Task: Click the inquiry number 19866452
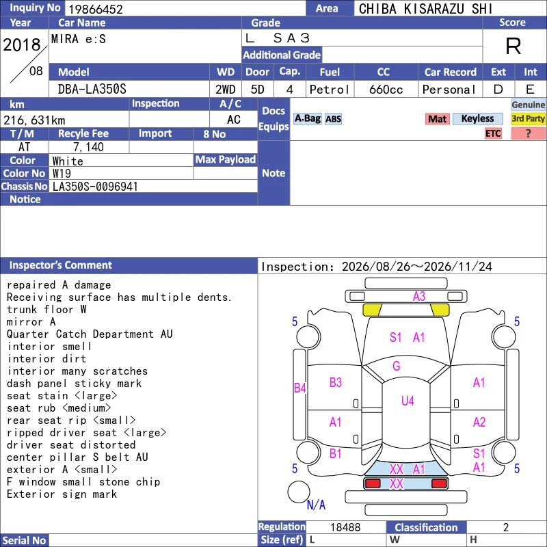[96, 9]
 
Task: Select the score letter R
[513, 46]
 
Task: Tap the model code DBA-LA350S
[92, 90]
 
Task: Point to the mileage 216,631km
[34, 120]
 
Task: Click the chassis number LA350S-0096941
[95, 187]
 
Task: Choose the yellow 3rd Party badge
[528, 118]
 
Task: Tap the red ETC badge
[493, 133]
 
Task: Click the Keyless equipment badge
[477, 118]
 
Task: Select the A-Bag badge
[307, 118]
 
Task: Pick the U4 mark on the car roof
[408, 401]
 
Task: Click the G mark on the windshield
[397, 366]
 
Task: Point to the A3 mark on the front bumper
[419, 296]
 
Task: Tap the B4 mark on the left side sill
[300, 388]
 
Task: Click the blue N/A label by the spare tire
[316, 505]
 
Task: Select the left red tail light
[373, 483]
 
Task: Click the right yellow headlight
[440, 310]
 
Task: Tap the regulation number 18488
[345, 527]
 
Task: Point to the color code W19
[62, 174]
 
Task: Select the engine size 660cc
[386, 90]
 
